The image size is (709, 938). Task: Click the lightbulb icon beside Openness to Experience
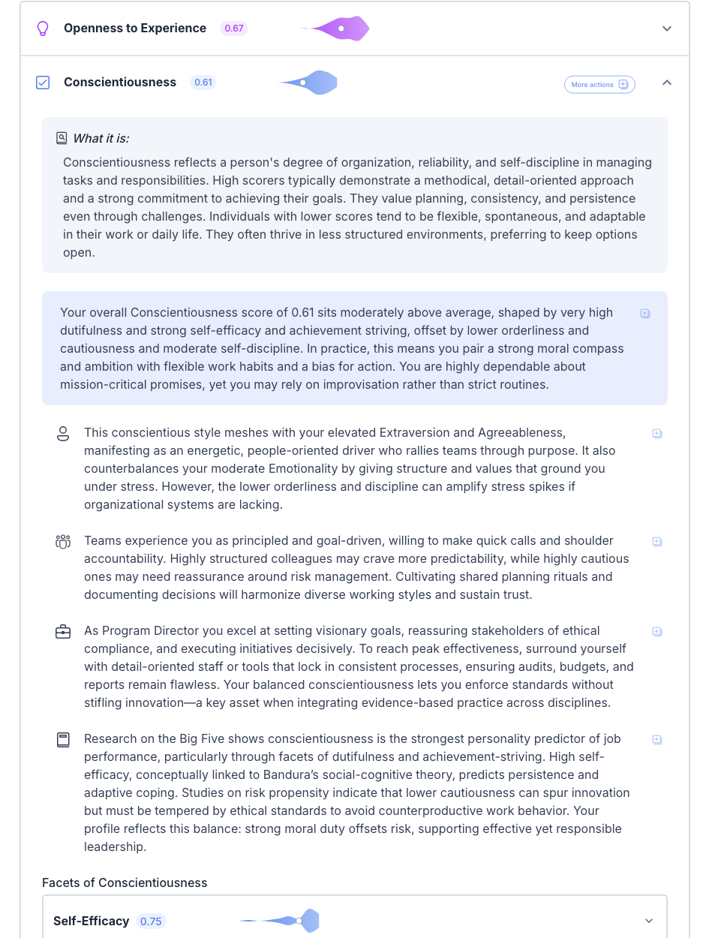point(43,29)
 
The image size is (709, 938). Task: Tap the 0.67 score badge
point(234,29)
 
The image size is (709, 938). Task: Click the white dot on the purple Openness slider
point(341,29)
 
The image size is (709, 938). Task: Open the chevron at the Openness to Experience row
point(667,29)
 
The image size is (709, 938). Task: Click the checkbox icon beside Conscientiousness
point(43,83)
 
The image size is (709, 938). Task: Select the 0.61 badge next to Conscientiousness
point(203,83)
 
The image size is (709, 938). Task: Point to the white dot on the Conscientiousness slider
point(303,83)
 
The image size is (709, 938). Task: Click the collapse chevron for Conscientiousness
point(667,83)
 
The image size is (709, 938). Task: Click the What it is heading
point(101,138)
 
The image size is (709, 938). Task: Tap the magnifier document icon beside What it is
point(62,138)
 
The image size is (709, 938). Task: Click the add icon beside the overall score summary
point(645,314)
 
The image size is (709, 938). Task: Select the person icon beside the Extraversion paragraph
point(63,434)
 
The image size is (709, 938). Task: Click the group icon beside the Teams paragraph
point(63,542)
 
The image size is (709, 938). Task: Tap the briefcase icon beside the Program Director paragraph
point(63,632)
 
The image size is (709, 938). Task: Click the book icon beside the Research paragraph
point(63,740)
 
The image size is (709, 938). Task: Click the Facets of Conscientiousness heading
point(125,882)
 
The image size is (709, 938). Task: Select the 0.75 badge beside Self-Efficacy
point(151,921)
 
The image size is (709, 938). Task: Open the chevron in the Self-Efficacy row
point(649,921)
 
